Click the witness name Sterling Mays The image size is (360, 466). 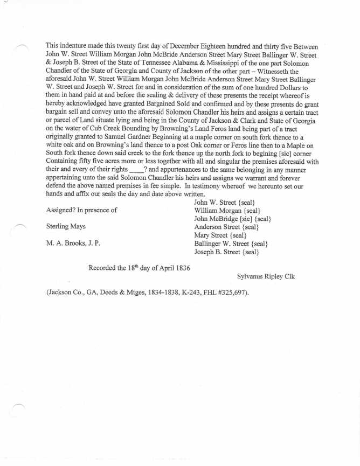point(66,227)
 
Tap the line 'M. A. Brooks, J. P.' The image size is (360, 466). point(73,244)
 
